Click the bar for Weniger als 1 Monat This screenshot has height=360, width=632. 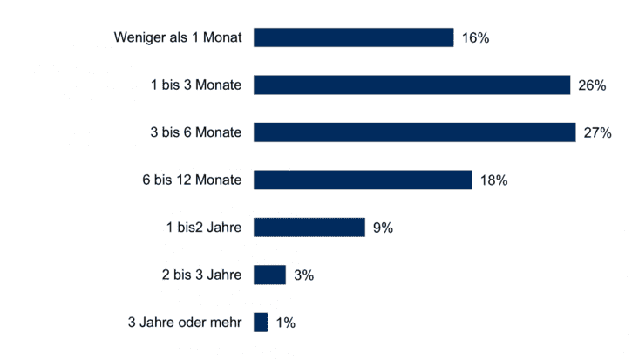tap(353, 37)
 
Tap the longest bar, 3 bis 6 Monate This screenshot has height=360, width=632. tap(414, 132)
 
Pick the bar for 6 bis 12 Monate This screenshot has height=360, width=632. tap(363, 180)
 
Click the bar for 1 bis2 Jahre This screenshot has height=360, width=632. tap(309, 228)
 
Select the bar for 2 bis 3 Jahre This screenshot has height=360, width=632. tap(269, 275)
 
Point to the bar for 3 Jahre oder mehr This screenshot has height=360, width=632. tap(260, 323)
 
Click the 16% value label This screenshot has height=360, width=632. tap(476, 38)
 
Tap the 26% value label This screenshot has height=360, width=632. tap(592, 85)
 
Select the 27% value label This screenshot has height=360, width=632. tap(598, 132)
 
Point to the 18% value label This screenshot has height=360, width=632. tap(493, 180)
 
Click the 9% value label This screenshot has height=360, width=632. tap(383, 228)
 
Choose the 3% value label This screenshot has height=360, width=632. tap(303, 275)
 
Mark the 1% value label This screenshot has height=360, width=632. tap(285, 323)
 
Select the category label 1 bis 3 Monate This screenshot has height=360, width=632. tap(196, 85)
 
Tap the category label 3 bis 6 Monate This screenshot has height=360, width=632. tap(196, 132)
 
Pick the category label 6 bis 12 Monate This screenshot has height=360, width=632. tap(193, 180)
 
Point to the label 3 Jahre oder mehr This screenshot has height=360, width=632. tap(186, 323)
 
